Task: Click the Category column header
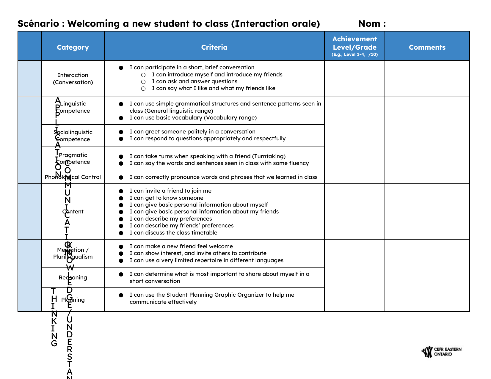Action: coord(73,47)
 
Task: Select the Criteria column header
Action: coord(214,47)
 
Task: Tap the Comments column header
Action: coord(427,47)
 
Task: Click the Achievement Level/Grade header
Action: coord(354,43)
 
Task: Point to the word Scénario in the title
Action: coord(38,23)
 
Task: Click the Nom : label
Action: coord(372,23)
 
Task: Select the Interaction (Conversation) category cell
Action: coord(73,79)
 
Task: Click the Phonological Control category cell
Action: coord(73,177)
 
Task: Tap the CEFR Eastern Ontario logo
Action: coord(441,352)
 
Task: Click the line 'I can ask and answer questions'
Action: coord(194,81)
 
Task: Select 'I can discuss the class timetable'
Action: coord(173,233)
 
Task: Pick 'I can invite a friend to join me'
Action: coord(170,191)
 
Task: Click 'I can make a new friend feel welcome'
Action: coord(181,246)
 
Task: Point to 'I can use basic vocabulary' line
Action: coord(193,118)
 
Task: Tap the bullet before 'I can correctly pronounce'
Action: coord(121,177)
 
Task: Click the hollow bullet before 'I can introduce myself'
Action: coord(143,75)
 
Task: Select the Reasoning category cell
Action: coord(73,278)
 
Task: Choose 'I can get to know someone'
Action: coord(166,198)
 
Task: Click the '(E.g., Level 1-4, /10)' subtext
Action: coord(354,55)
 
